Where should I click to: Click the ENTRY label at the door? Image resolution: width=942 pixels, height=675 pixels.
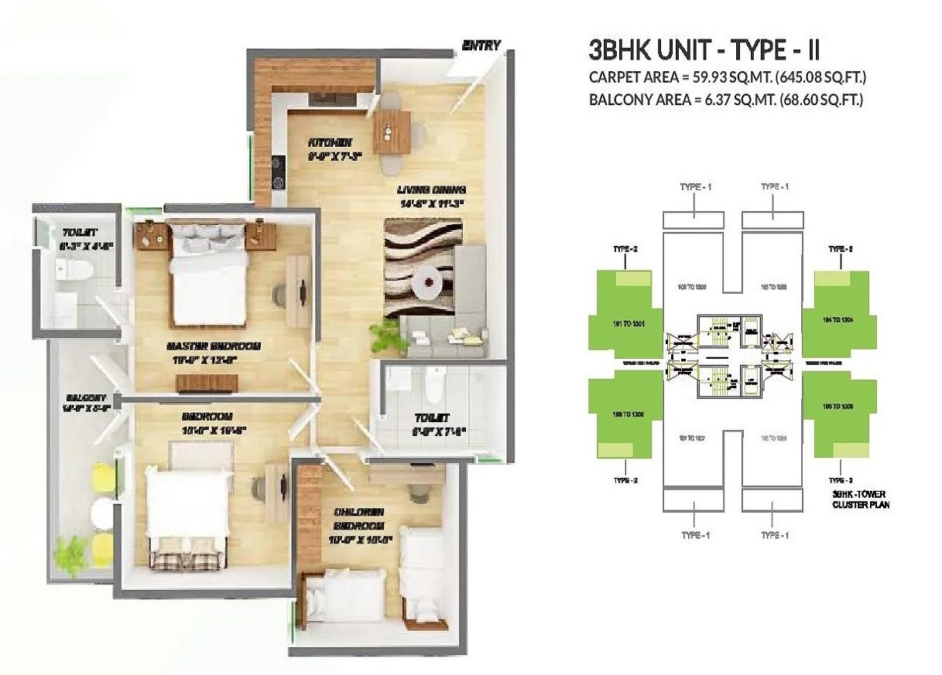coord(481,46)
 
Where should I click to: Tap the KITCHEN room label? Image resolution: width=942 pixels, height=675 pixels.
coord(331,142)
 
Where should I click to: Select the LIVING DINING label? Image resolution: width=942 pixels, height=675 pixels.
coord(431,190)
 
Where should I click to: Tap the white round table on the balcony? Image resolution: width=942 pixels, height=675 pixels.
coord(101,511)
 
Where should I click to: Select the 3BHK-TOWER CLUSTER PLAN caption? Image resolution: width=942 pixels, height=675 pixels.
coord(860,499)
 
